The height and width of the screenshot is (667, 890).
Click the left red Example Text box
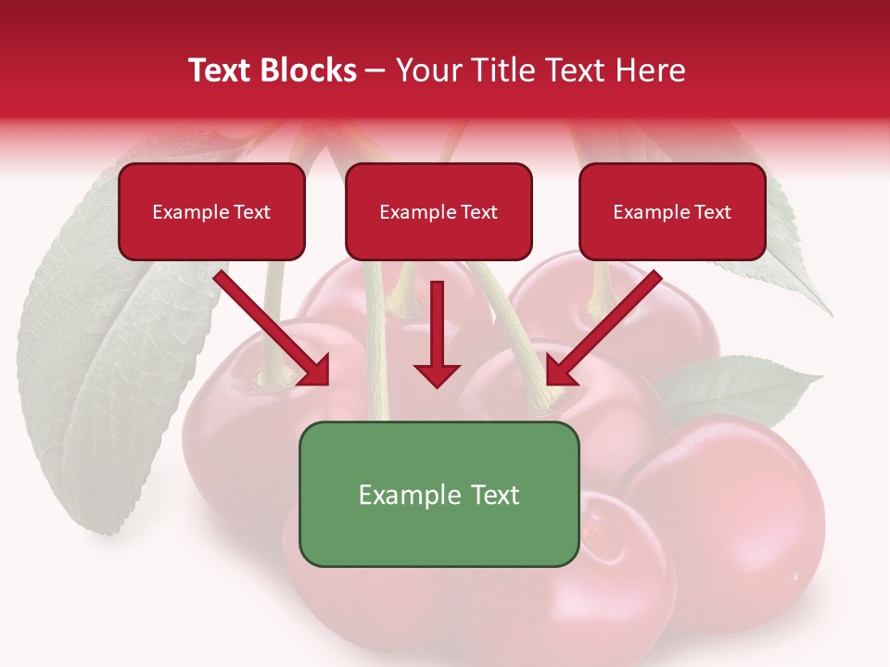211,212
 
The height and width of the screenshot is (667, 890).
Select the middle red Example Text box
439,212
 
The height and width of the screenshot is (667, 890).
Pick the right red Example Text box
672,212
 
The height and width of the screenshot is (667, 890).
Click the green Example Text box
439,494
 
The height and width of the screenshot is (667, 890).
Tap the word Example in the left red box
186,212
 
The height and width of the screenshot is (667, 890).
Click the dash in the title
375,71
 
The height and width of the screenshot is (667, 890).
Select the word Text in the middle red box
479,212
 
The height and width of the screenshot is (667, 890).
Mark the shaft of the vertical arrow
437,320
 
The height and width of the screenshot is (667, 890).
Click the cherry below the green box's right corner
603,593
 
